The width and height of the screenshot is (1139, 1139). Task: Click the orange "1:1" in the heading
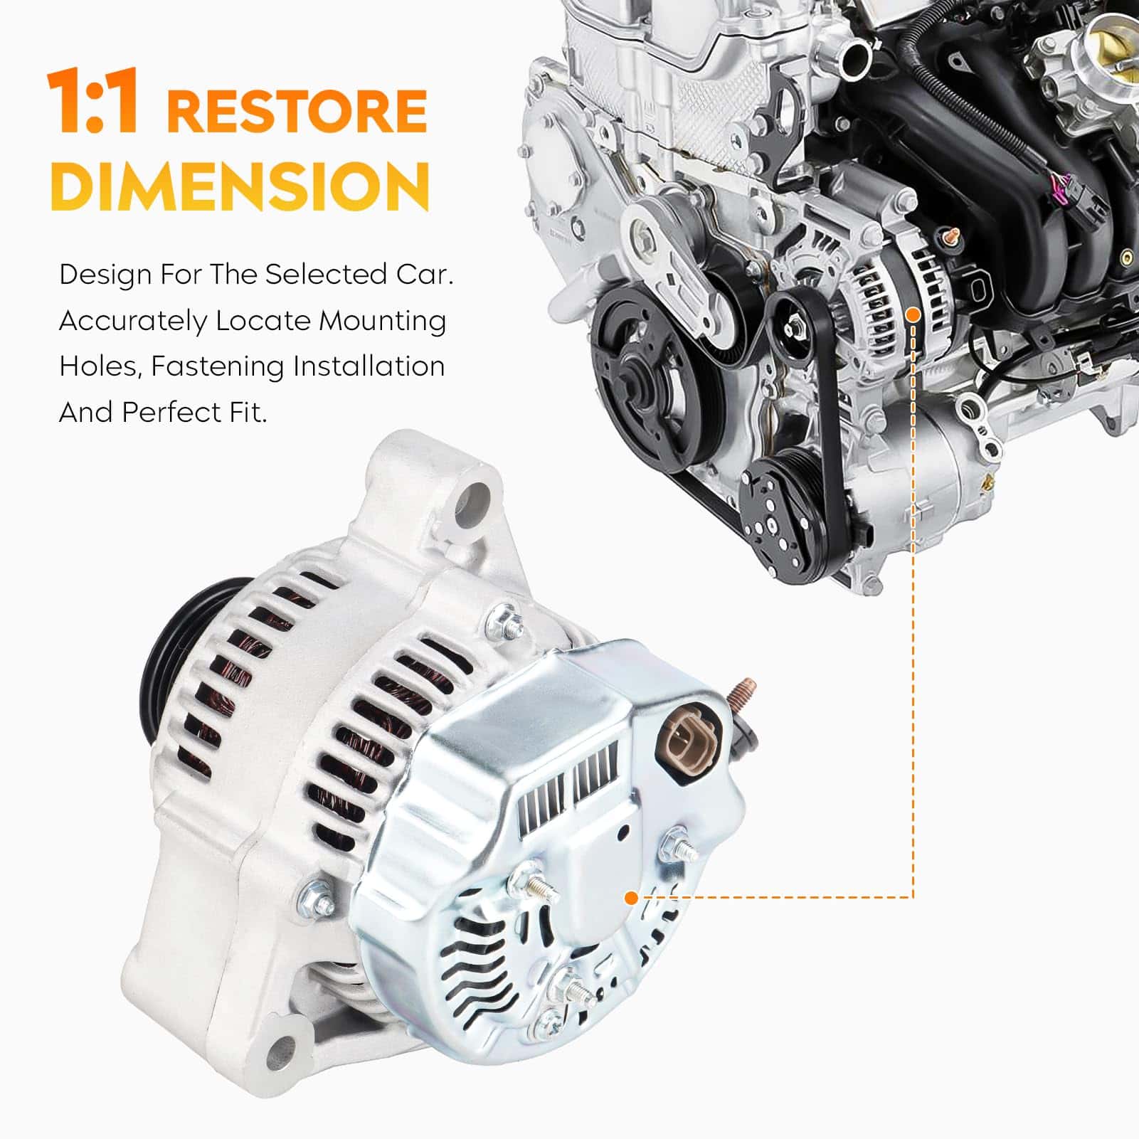(92, 102)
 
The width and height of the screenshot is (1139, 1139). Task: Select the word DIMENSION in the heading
(240, 185)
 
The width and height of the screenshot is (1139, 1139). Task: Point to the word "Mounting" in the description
(382, 322)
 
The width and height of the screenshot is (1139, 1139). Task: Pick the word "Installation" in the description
(369, 366)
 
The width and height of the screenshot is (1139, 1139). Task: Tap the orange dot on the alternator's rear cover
(630, 898)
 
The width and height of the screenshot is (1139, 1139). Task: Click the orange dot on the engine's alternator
(914, 314)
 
